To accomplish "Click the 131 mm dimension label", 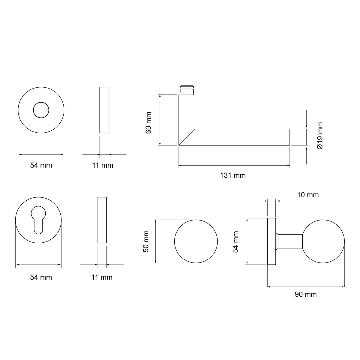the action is click(232, 175).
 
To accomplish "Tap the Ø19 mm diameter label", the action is click(320, 136).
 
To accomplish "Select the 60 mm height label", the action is click(148, 123).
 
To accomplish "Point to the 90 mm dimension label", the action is click(306, 294).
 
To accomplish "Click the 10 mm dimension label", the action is click(308, 195).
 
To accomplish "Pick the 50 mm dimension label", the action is click(146, 241).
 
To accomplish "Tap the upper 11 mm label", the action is click(103, 165).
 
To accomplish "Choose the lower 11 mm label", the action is click(102, 277).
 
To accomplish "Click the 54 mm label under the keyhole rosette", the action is click(41, 277).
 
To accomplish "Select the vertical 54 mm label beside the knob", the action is click(235, 242).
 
